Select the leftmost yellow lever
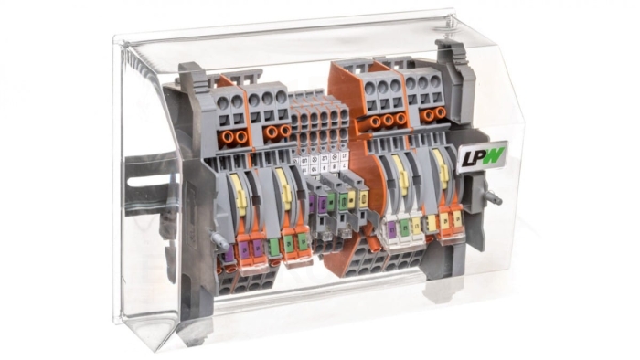point(240,191)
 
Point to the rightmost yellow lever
point(443,170)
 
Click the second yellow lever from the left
point(285,186)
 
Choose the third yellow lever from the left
point(400,173)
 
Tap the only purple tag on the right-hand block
point(390,229)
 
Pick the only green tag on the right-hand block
point(404,227)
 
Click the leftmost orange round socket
point(227,137)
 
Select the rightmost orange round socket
point(441,113)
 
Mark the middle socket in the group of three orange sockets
point(388,120)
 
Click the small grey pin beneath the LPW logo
point(494,196)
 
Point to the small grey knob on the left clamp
point(220,239)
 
